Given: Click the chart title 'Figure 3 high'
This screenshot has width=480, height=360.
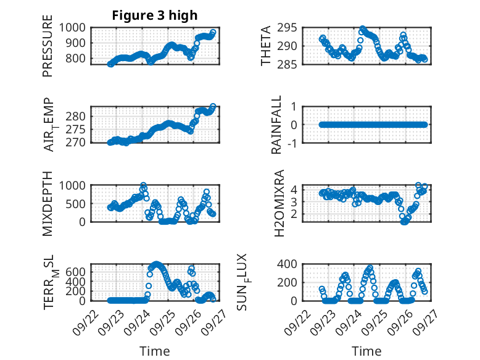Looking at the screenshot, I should (155, 15).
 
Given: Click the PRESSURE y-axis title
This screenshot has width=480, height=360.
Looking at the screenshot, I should (48, 49).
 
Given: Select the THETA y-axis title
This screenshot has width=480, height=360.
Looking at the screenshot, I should (266, 46).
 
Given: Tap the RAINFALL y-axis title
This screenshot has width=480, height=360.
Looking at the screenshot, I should (277, 125).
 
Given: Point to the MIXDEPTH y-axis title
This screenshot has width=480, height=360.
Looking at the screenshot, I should (48, 203).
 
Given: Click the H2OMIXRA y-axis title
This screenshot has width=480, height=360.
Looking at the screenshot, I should (279, 203).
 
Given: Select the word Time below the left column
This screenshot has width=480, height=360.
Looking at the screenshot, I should (154, 351).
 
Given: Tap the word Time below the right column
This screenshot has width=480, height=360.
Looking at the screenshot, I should (366, 351).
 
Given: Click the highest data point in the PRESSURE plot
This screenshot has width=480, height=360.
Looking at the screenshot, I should (213, 32).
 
